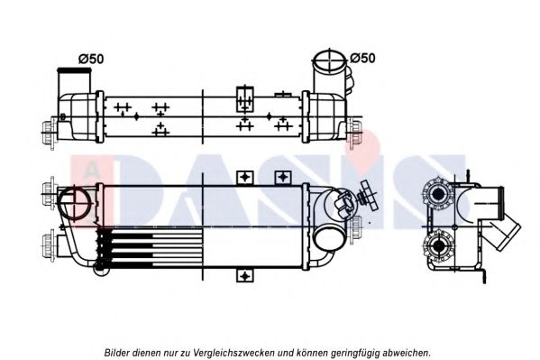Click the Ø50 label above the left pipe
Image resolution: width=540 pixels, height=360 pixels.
pyautogui.click(x=92, y=59)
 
